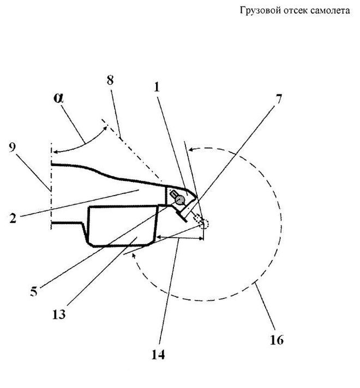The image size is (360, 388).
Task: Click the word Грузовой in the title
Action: [x=258, y=10]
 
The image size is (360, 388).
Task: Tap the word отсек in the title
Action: [x=297, y=10]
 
